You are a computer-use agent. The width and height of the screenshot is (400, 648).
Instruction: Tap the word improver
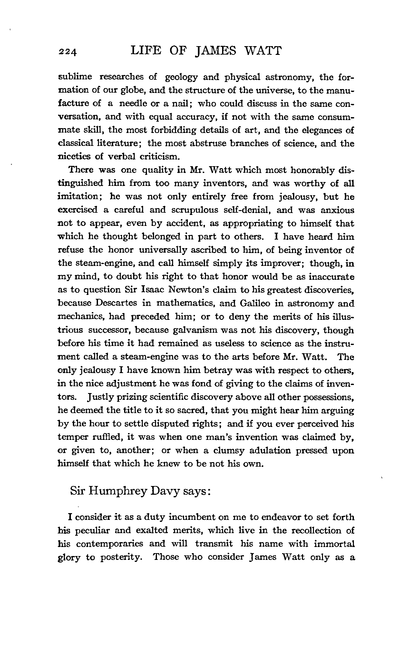[280, 263]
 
